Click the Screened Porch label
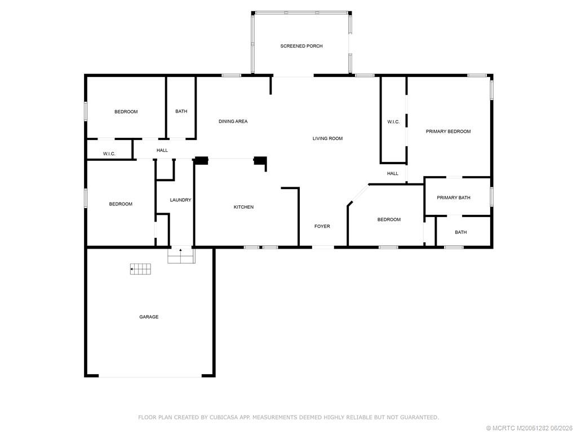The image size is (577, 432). (x=301, y=46)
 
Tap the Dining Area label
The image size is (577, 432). (x=233, y=121)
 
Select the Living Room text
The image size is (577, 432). (x=327, y=138)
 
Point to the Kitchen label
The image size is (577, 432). (x=243, y=207)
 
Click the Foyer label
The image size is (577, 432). (x=322, y=226)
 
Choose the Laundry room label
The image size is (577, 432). (x=180, y=200)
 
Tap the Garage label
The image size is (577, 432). (x=149, y=317)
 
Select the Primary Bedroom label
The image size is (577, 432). (x=448, y=132)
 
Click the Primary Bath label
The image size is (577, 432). (x=454, y=197)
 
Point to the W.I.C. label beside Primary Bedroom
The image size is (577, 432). (x=393, y=122)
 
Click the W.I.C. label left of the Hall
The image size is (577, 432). (x=109, y=154)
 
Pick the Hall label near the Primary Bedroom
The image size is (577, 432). (x=393, y=173)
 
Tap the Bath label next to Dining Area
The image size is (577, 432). (x=181, y=111)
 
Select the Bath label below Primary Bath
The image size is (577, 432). (x=461, y=232)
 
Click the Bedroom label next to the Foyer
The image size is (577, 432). (x=389, y=220)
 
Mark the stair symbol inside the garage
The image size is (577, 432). (x=140, y=269)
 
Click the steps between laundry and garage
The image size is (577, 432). (x=181, y=255)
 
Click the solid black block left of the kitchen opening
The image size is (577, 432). (x=202, y=160)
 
